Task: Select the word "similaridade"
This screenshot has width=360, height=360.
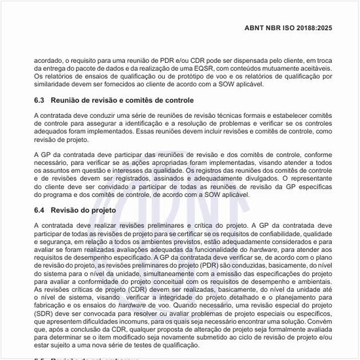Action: (54, 84)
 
